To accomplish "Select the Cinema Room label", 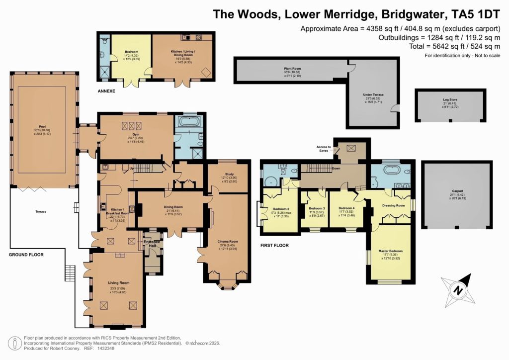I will click(x=228, y=242).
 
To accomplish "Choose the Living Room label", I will click(x=118, y=282).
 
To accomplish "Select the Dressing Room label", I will click(x=392, y=205).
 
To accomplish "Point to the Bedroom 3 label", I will click(x=317, y=208).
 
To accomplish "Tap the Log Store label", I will click(x=449, y=100).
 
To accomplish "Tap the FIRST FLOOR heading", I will click(x=274, y=245).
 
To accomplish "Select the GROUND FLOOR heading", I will click(x=26, y=255).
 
